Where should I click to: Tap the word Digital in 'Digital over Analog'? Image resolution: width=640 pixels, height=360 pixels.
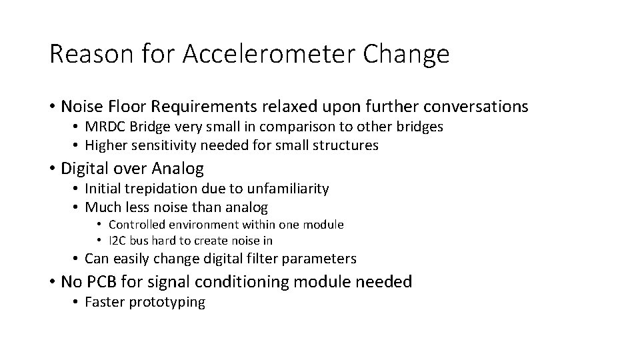83,169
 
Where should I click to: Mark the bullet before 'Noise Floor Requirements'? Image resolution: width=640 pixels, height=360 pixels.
52,107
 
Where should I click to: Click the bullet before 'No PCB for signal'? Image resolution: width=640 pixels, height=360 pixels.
52,282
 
